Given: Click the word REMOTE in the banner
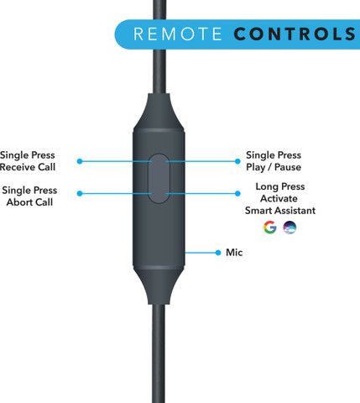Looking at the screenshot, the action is [178, 34].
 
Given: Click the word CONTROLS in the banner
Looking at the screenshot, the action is [295, 34].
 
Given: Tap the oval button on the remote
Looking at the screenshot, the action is [159, 179].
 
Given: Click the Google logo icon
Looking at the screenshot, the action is [270, 228].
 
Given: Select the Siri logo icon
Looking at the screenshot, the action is [290, 228].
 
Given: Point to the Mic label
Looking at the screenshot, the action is [234, 253].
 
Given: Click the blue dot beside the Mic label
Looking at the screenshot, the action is [218, 253].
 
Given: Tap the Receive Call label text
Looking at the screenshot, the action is [28, 167].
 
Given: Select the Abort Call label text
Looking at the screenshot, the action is [29, 202].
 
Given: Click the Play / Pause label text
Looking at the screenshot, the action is [274, 167].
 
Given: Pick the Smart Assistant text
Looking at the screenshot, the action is [280, 211].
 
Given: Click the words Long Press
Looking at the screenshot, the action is [280, 186].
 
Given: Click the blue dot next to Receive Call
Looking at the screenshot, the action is [80, 161].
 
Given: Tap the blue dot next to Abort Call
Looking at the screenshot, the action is [80, 193].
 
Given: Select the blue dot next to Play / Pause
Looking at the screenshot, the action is [237, 161].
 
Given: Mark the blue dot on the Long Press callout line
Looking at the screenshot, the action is [237, 193].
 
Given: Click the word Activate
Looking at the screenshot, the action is [279, 198].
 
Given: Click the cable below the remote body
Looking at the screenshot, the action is [159, 353].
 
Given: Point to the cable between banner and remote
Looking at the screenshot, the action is [159, 71].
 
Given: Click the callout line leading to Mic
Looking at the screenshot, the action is [201, 253].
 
